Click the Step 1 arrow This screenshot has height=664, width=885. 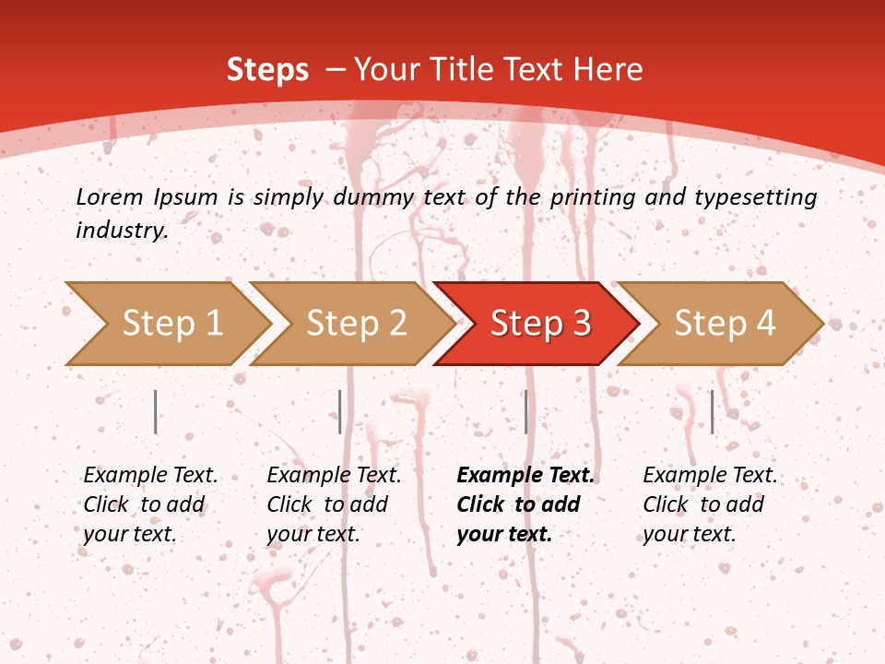[171, 324]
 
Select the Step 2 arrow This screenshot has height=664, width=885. [355, 324]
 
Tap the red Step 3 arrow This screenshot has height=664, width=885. [539, 324]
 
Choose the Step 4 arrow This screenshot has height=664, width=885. [724, 324]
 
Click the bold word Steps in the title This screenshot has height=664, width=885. [267, 69]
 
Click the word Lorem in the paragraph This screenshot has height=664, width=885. [109, 196]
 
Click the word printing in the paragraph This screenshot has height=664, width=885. [590, 196]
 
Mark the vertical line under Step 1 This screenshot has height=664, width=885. [156, 411]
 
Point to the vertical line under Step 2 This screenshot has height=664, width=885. [340, 411]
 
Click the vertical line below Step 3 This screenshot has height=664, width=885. [525, 411]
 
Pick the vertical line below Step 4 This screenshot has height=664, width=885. [712, 411]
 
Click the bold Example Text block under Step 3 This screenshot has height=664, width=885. [525, 504]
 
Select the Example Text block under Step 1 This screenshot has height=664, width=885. [150, 504]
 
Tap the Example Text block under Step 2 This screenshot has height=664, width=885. [334, 504]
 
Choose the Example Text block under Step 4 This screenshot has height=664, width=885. [710, 504]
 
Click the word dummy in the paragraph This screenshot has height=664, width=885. [381, 196]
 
